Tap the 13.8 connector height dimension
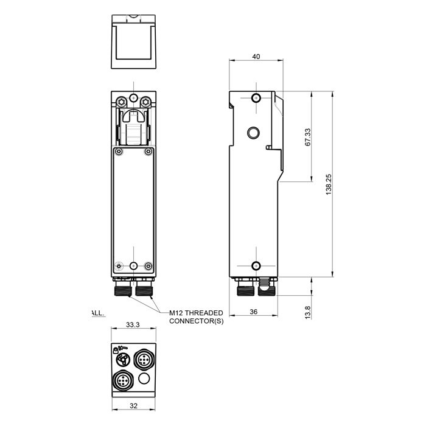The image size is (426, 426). (x=308, y=312)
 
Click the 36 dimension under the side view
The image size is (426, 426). (x=254, y=312)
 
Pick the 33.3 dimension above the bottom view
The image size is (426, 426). (x=133, y=326)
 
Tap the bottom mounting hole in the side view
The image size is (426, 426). (x=256, y=265)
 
